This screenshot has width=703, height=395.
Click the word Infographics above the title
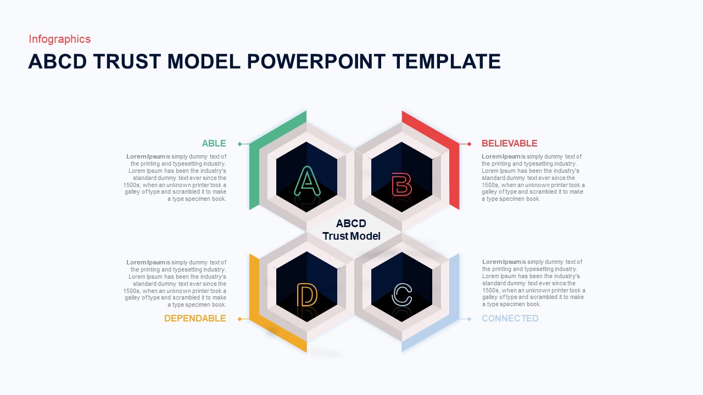59,39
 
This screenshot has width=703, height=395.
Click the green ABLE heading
214,144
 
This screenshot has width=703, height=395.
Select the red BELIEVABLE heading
509,144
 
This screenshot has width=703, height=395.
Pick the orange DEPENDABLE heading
195,318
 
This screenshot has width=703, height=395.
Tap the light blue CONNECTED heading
510,318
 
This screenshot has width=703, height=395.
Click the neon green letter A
306,180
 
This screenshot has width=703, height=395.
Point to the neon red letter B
401,184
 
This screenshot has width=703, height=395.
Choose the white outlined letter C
401,295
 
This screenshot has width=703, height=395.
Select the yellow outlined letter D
306,295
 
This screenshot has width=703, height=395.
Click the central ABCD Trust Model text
351,230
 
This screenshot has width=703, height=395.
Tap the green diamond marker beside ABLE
239,144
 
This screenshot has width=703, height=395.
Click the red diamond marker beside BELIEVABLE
469,144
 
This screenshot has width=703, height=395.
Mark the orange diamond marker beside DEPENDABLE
239,319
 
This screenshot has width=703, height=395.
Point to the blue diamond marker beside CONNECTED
469,319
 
